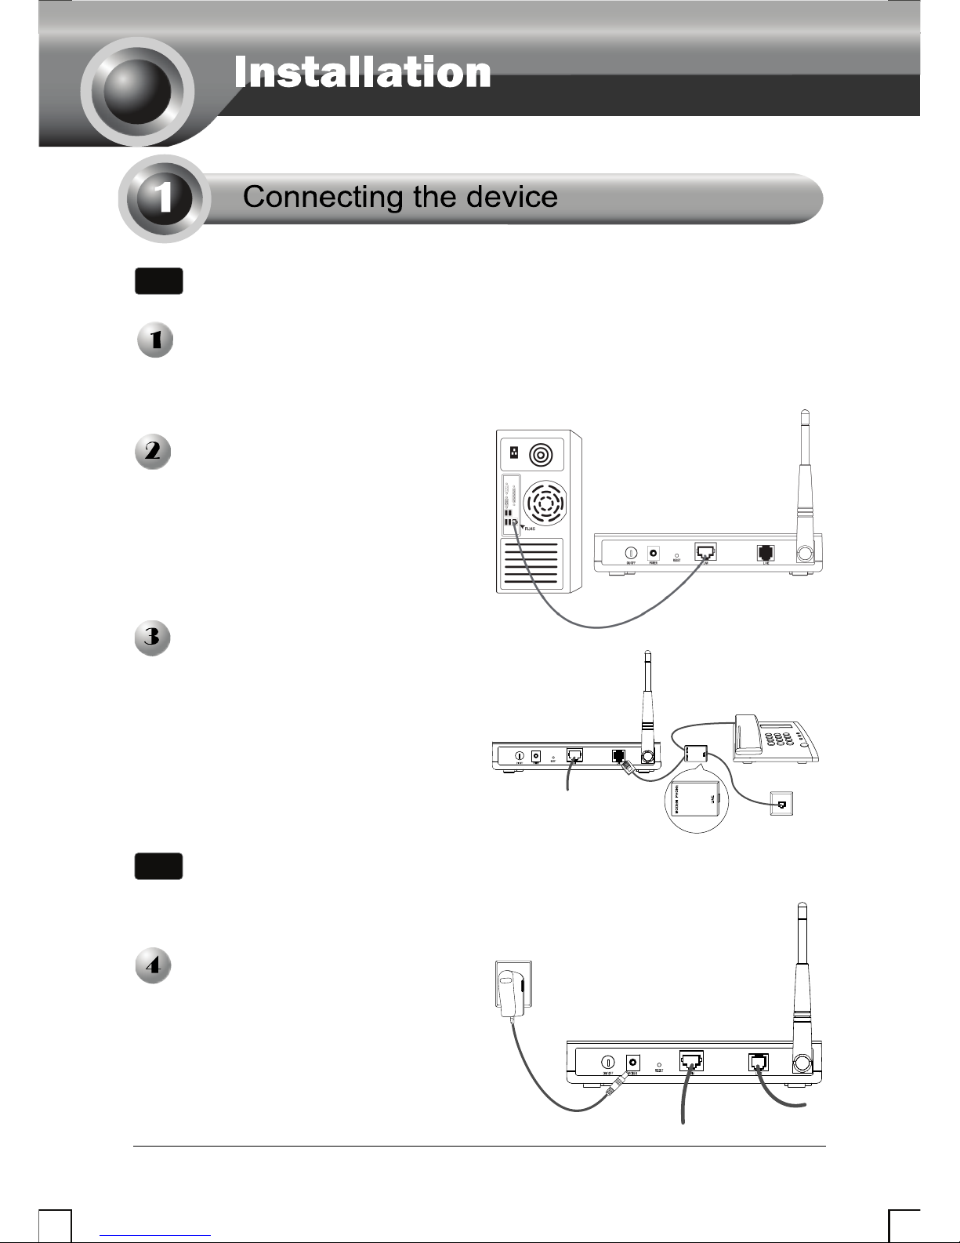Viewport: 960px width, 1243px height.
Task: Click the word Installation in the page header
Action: [x=362, y=72]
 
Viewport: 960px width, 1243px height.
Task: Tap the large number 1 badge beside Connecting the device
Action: [x=164, y=198]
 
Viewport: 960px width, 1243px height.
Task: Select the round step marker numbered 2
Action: [x=154, y=452]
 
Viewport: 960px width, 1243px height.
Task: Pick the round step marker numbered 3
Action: [x=154, y=638]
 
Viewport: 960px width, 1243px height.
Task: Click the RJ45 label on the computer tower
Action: [x=531, y=530]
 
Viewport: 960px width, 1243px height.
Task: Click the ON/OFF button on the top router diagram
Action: [x=630, y=551]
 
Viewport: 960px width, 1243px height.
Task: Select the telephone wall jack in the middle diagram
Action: [x=781, y=803]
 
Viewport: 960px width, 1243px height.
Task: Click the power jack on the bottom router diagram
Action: [x=632, y=1062]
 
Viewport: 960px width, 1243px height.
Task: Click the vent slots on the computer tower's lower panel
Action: [x=532, y=565]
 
